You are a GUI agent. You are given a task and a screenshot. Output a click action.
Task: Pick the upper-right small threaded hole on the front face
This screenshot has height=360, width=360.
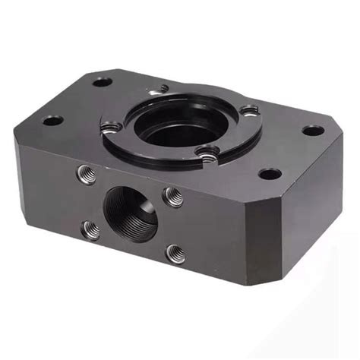(x=174, y=197)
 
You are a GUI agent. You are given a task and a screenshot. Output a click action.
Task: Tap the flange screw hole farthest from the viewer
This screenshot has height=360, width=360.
(x=162, y=88)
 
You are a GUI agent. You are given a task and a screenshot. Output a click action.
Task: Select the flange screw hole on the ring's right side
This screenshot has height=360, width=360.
(x=250, y=112)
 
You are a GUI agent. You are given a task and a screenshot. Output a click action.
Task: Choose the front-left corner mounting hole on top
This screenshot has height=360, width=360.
(x=52, y=120)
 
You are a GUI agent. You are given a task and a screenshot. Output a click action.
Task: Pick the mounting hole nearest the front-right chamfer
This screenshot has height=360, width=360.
(x=270, y=174)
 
